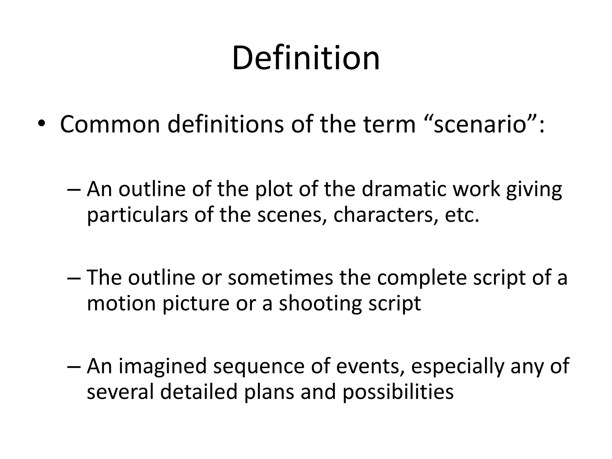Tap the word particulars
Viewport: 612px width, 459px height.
point(137,215)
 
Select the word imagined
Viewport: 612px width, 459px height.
point(163,366)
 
